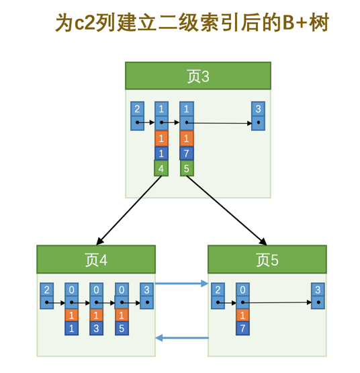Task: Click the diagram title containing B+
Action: tap(192, 24)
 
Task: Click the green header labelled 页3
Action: tap(197, 76)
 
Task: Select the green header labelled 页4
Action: tap(96, 259)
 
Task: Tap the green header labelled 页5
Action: tap(267, 259)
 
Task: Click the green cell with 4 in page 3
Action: tap(161, 168)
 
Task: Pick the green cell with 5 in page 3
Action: tap(186, 168)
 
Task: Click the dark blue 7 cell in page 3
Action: tap(186, 153)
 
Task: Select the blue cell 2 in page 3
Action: tap(137, 109)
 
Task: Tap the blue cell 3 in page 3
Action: tap(258, 109)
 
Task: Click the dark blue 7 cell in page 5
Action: tap(242, 329)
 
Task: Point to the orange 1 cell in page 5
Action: tap(242, 315)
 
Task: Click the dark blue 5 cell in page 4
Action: tap(122, 329)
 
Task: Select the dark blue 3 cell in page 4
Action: tap(97, 329)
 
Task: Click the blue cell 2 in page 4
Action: tap(46, 290)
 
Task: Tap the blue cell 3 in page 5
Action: tap(318, 290)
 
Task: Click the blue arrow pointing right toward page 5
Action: tap(181, 284)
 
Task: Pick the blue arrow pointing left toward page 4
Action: tap(181, 337)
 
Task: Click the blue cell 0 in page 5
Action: tap(242, 290)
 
